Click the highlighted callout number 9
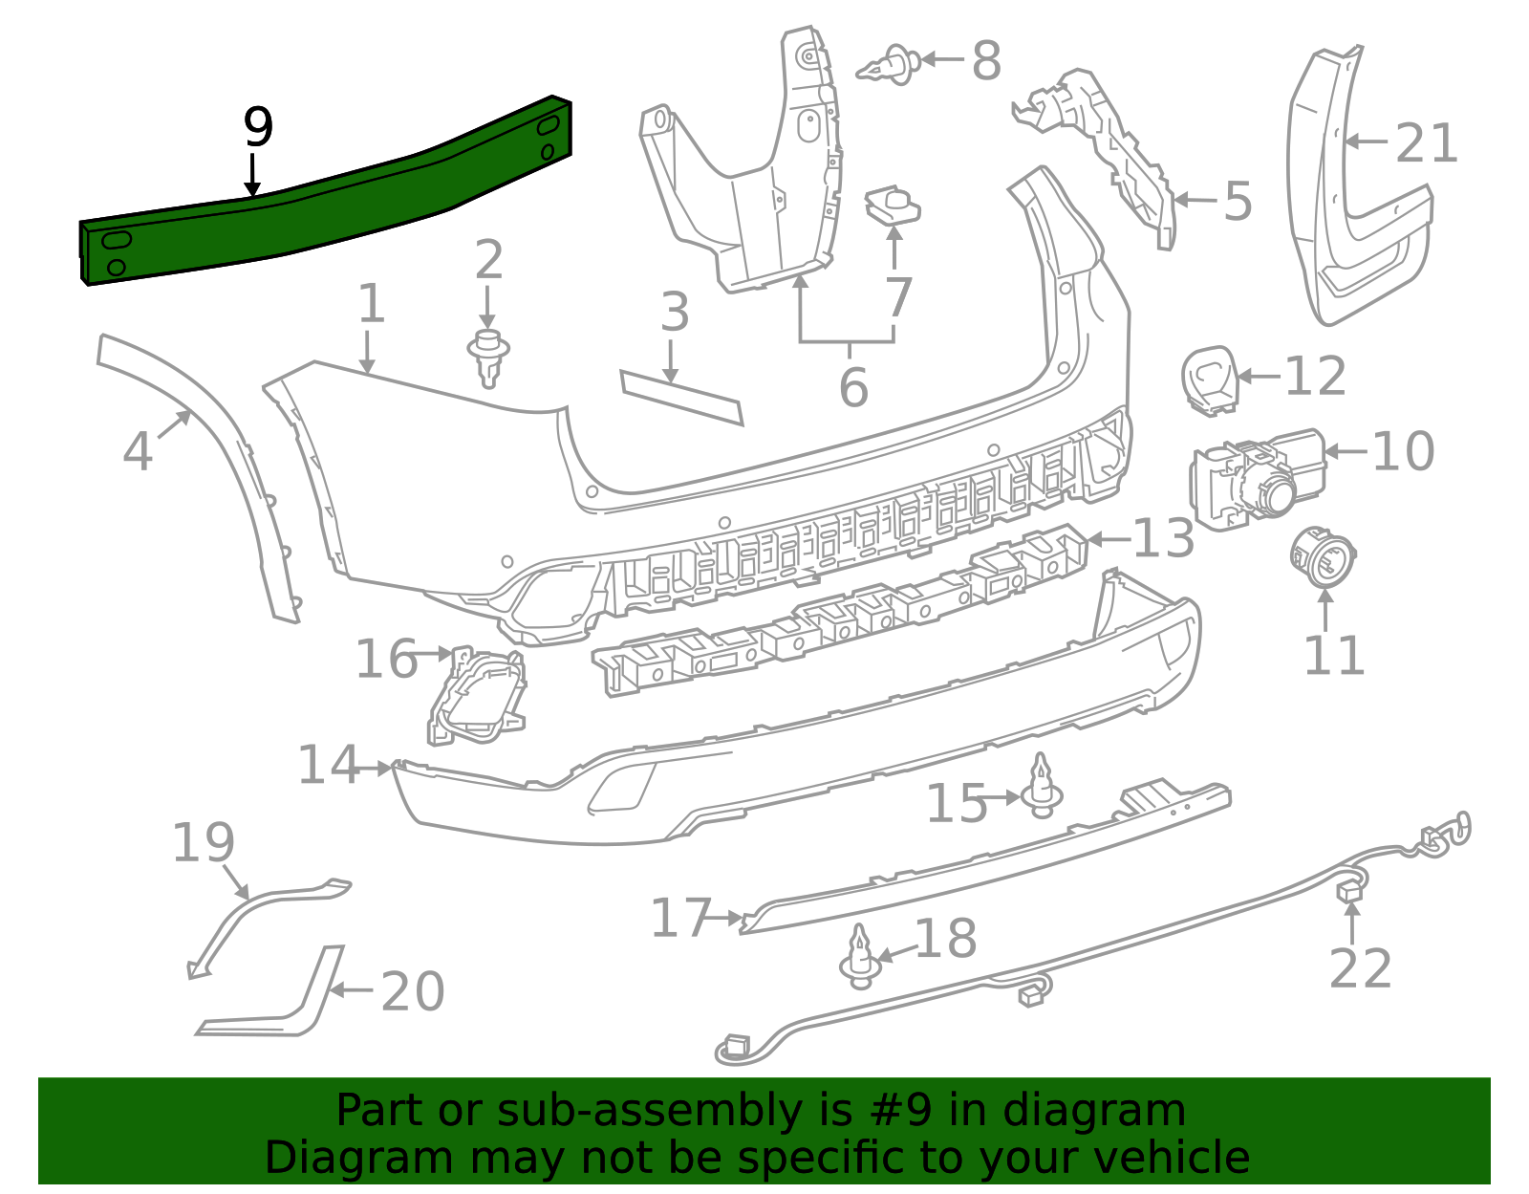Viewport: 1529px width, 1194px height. tap(258, 127)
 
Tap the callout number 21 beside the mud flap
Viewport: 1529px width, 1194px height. tap(1426, 144)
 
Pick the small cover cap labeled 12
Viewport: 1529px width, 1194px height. tap(1210, 380)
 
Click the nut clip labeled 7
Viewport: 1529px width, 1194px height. tap(893, 206)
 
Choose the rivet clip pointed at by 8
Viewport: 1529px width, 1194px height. tap(890, 64)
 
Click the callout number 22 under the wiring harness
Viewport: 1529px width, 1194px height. tap(1360, 970)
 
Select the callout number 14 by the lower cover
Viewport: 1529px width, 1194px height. tap(329, 766)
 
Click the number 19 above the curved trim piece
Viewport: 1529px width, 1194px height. tap(203, 843)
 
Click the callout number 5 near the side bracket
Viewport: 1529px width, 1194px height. tap(1238, 202)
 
